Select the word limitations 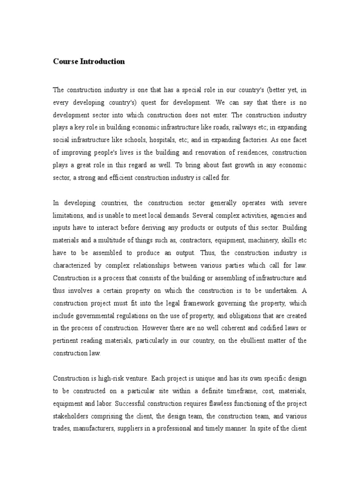tap(69, 216)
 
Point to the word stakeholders tap(73, 416)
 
